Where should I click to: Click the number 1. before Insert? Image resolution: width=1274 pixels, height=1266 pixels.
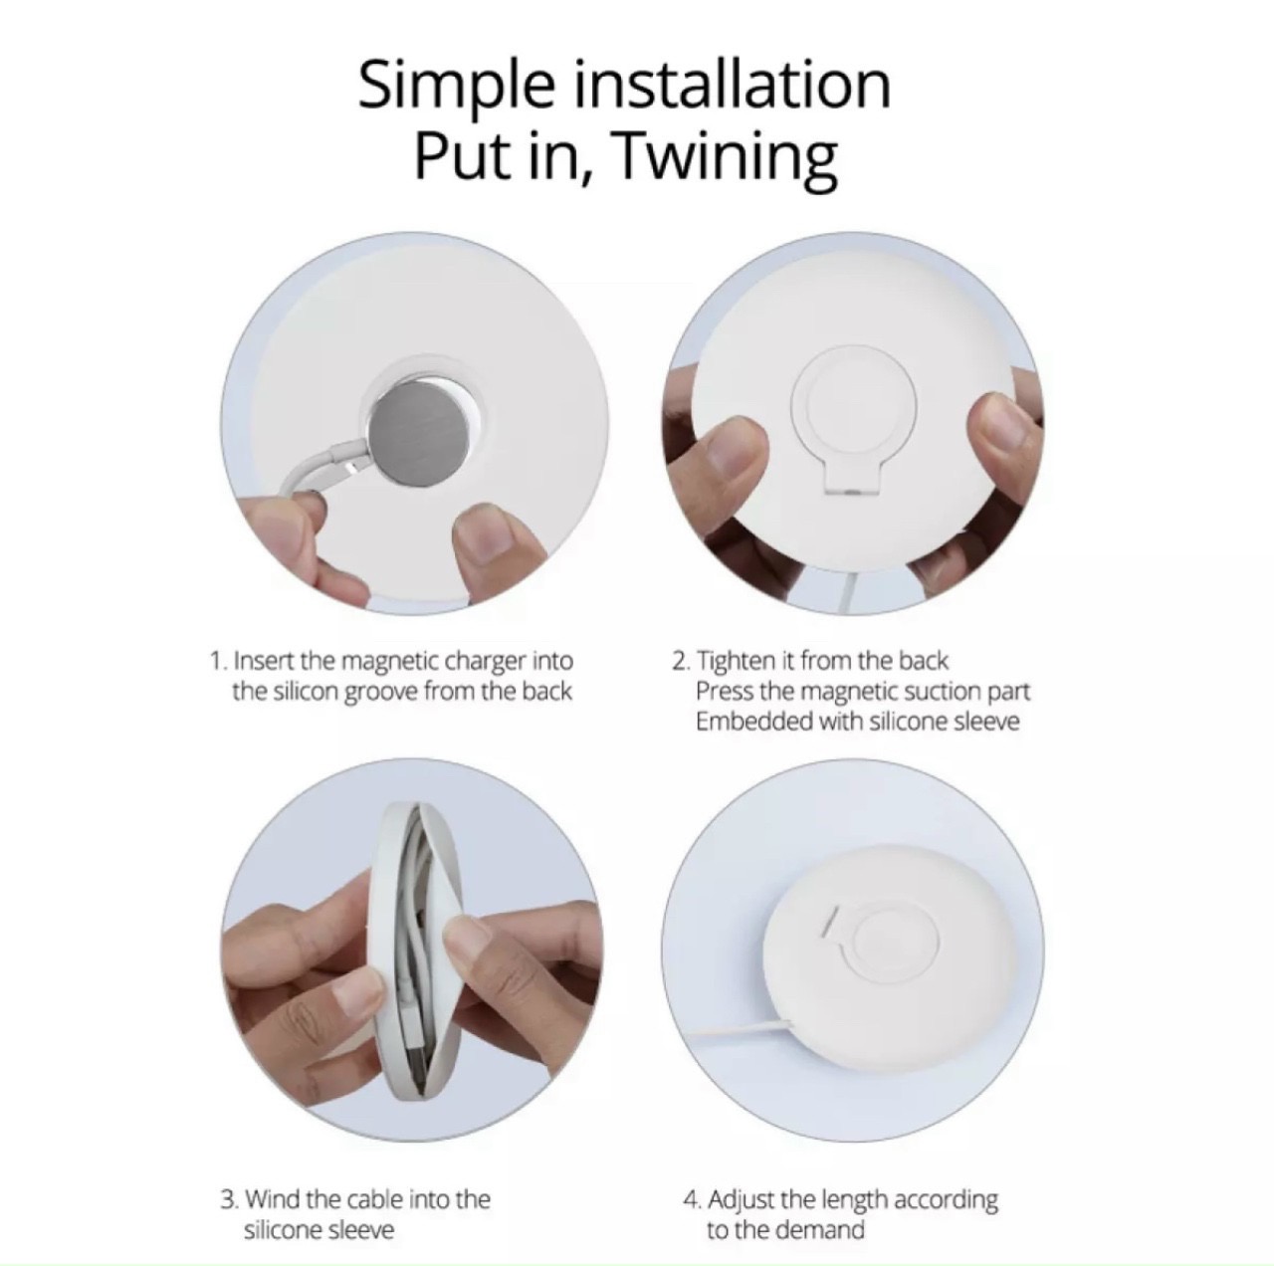click(220, 661)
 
